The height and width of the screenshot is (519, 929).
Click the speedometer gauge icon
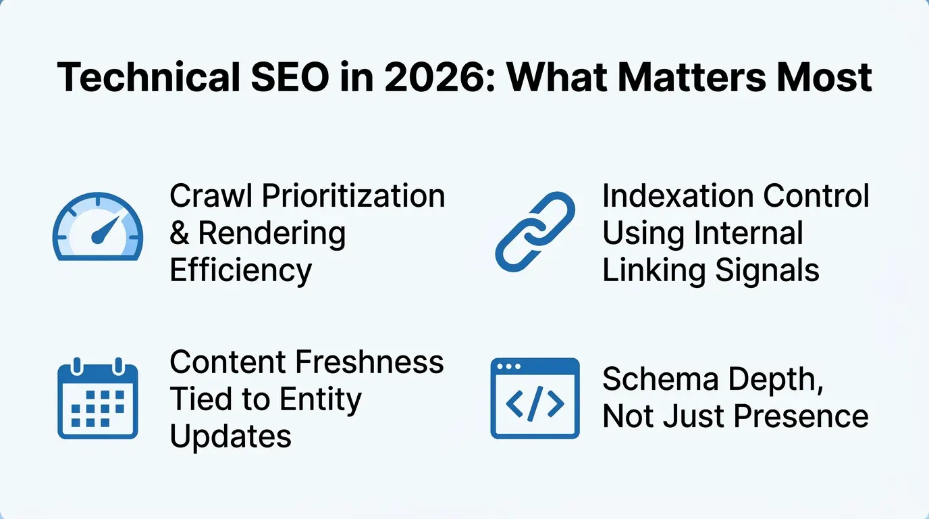pyautogui.click(x=98, y=227)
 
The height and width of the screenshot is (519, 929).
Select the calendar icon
pyautogui.click(x=98, y=399)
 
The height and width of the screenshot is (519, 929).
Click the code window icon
pyautogui.click(x=535, y=399)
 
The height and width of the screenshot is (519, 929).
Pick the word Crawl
pyautogui.click(x=211, y=196)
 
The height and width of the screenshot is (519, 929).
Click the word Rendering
pyautogui.click(x=271, y=233)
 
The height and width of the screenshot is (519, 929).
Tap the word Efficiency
pyautogui.click(x=240, y=270)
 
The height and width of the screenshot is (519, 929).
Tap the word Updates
pyautogui.click(x=230, y=436)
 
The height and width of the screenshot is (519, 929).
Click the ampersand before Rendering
pyautogui.click(x=179, y=233)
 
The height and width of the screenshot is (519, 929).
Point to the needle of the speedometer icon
pyautogui.click(x=106, y=228)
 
